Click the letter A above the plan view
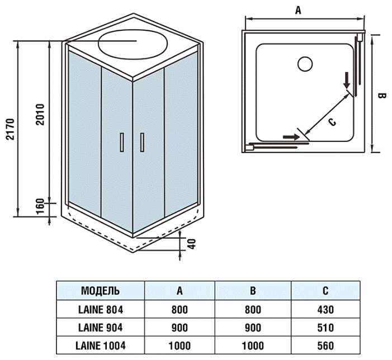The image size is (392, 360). click(x=298, y=10)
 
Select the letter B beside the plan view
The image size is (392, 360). click(x=382, y=96)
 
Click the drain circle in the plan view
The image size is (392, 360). click(x=305, y=64)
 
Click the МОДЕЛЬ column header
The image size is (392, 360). click(x=101, y=291)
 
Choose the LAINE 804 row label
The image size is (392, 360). click(x=101, y=309)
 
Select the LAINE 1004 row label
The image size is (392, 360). click(x=101, y=345)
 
